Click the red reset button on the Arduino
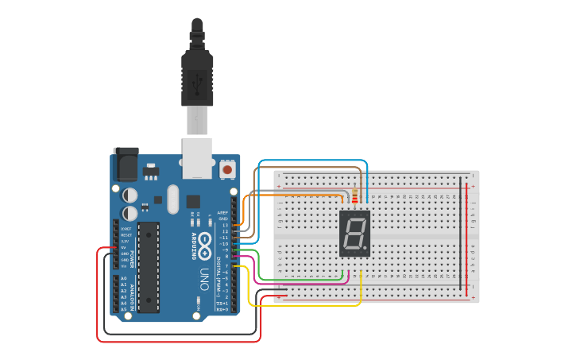228,169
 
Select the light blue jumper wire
318,161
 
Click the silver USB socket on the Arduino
198,157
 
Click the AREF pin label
223,212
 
